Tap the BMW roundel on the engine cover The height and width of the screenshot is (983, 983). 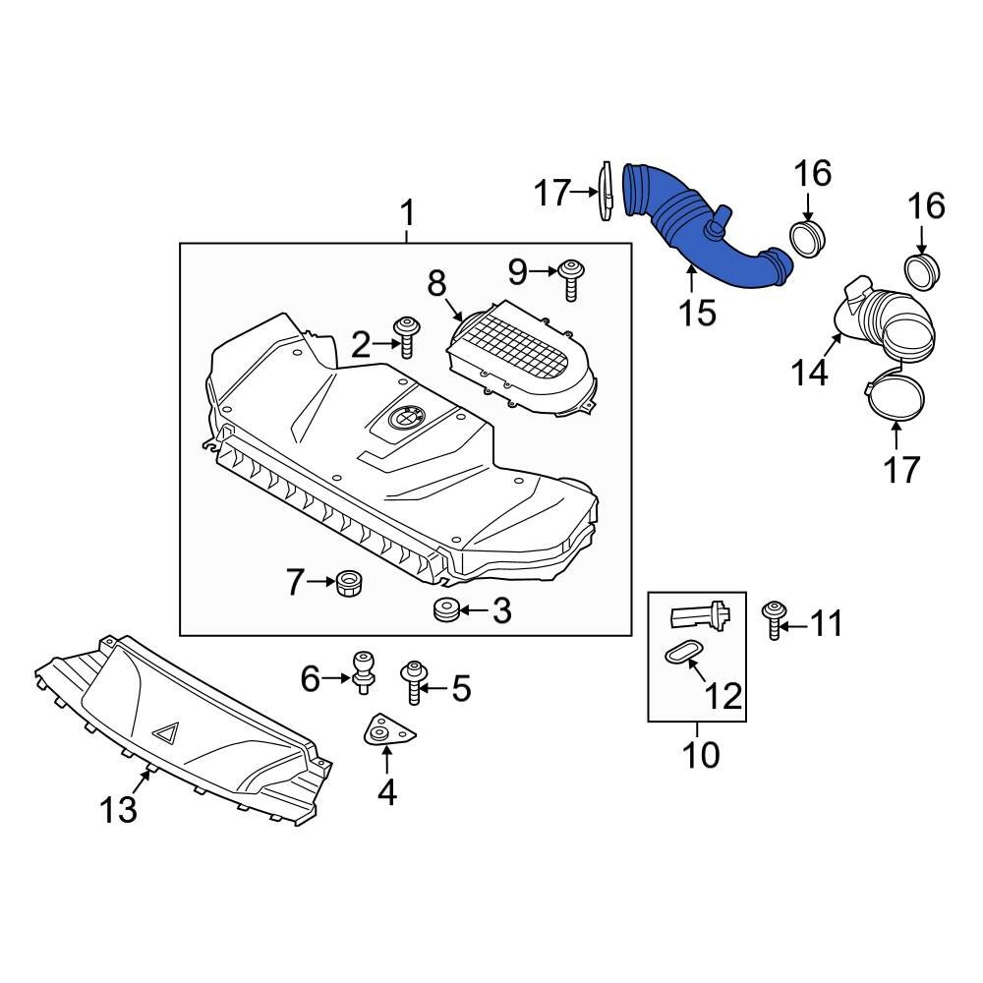tap(405, 418)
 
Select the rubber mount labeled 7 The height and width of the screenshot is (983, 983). tap(349, 583)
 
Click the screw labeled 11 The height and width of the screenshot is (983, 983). tap(774, 620)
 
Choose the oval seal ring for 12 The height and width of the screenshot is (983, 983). tap(677, 654)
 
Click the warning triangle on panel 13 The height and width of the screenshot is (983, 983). tap(165, 731)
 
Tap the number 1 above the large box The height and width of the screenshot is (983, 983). tap(407, 212)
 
